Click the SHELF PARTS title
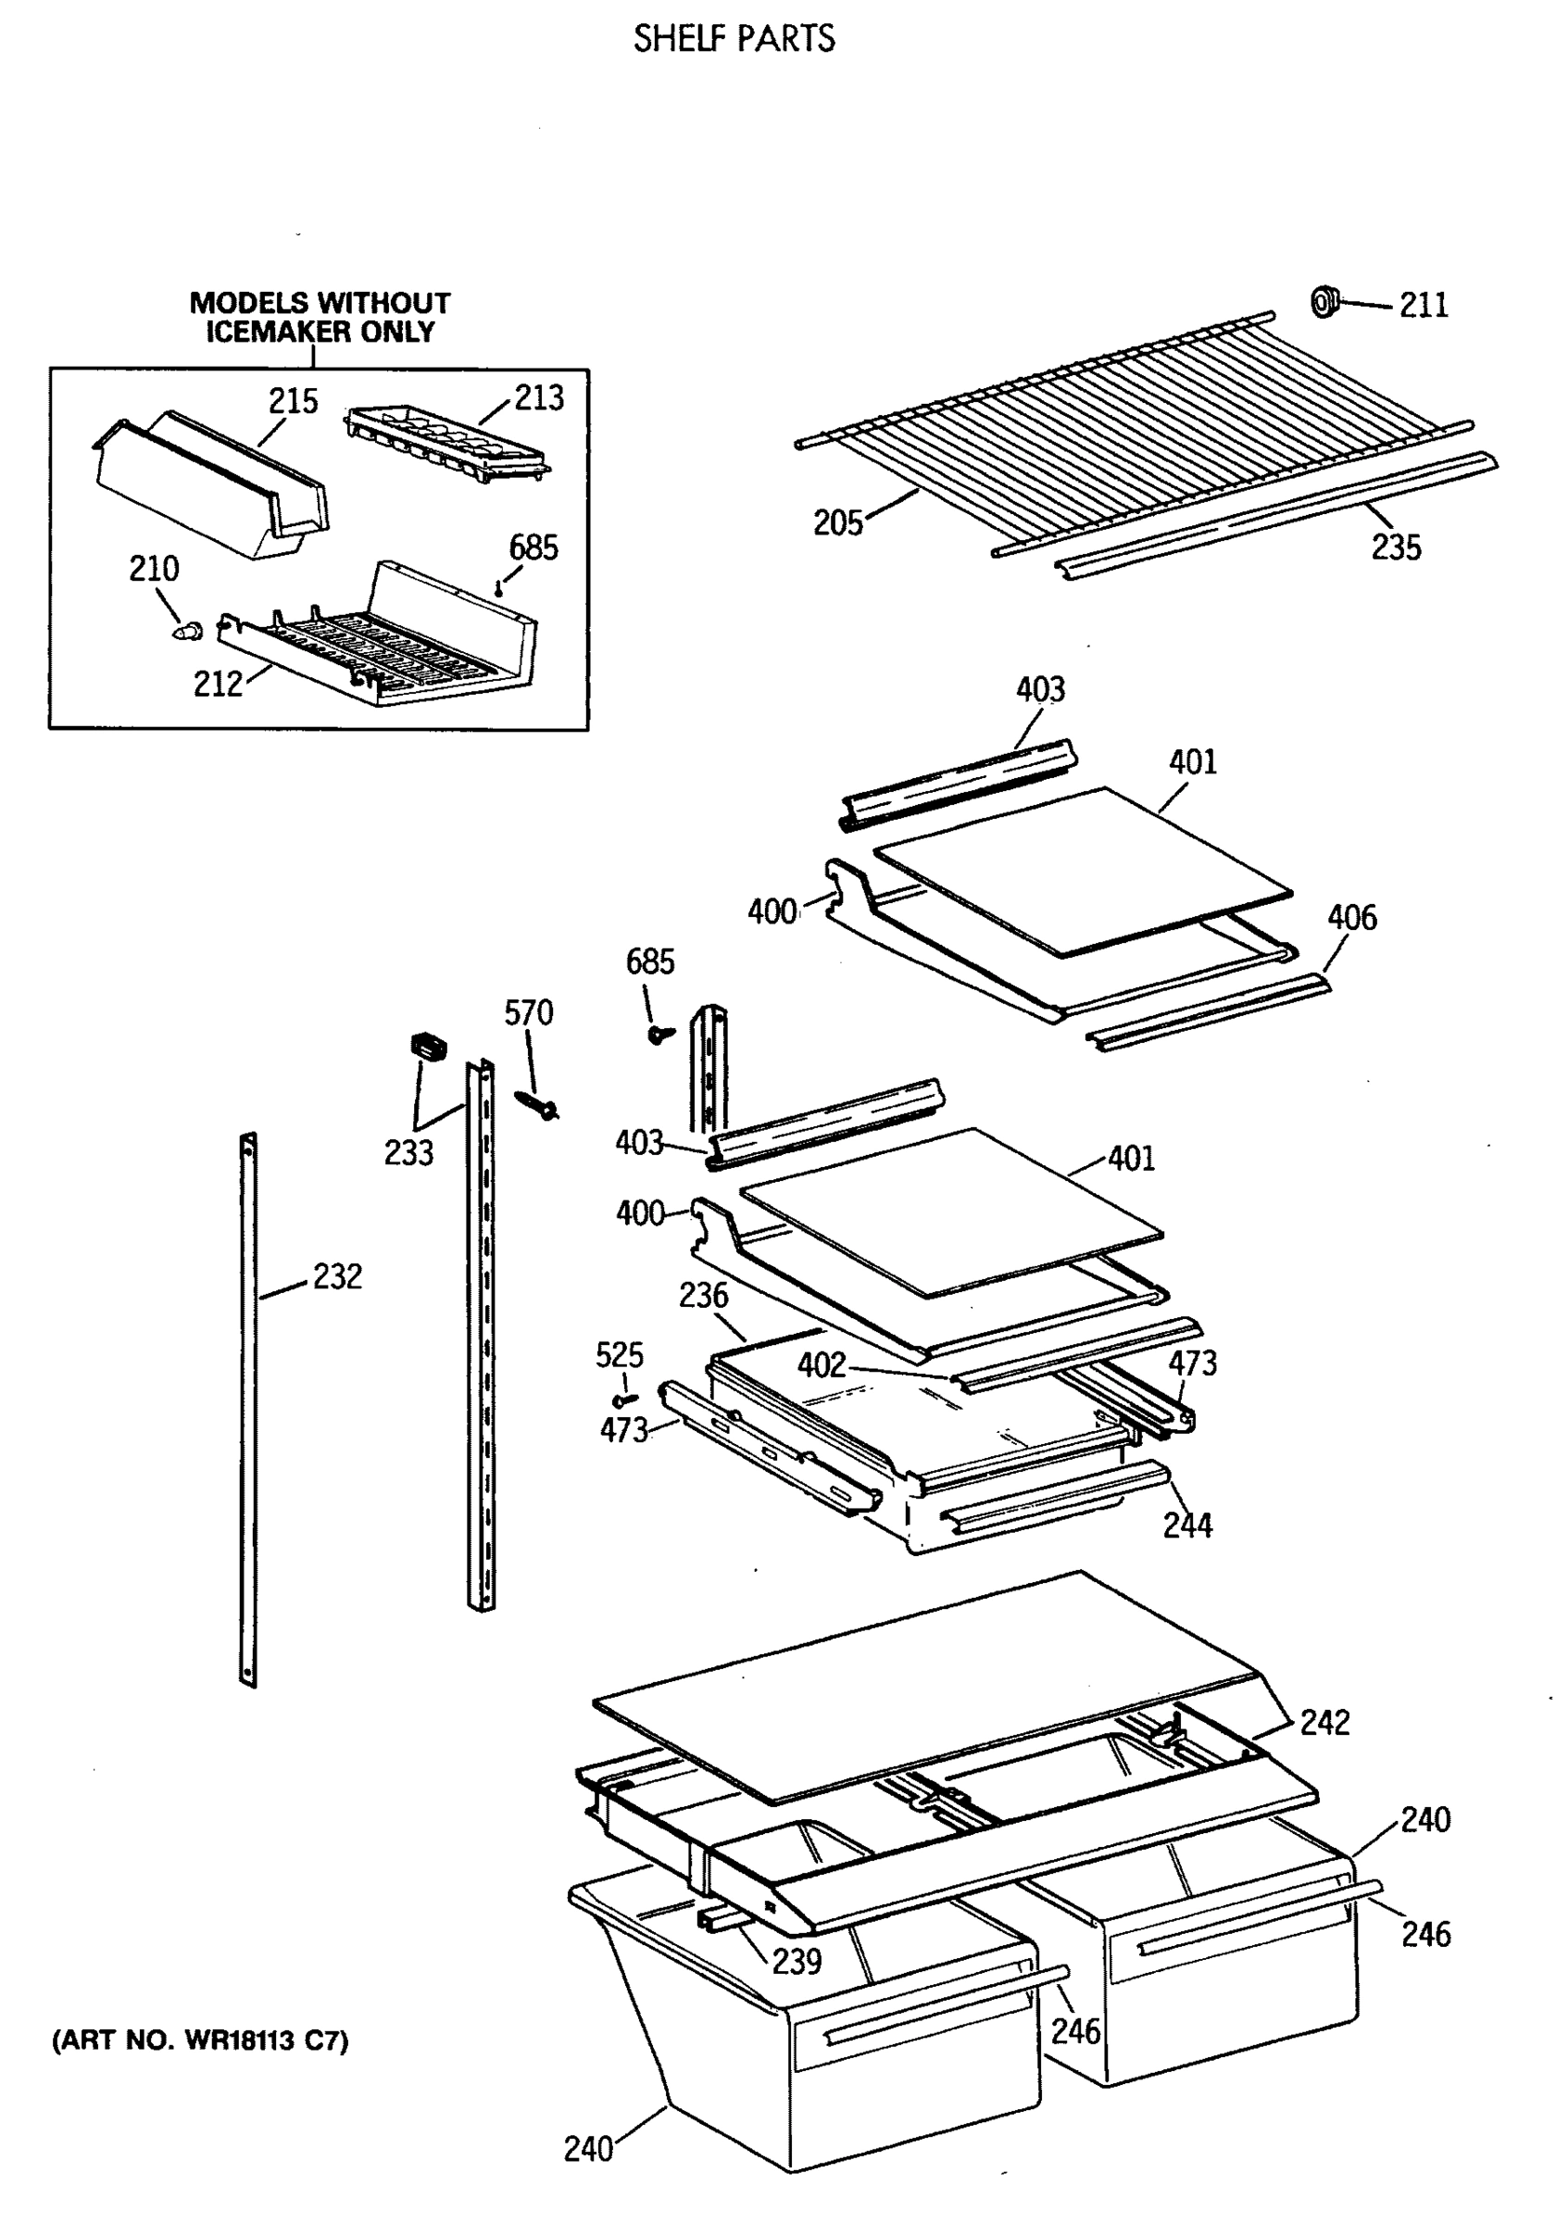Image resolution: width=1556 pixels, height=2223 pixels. click(x=733, y=39)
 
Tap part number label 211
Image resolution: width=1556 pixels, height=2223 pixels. click(x=1423, y=305)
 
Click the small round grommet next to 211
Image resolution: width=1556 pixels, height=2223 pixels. click(x=1324, y=301)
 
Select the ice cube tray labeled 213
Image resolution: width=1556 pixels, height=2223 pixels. click(x=445, y=442)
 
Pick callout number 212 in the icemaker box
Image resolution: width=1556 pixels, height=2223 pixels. click(x=218, y=684)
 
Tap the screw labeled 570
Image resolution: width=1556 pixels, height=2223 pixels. click(x=537, y=1104)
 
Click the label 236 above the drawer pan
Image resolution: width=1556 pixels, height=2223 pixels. click(x=703, y=1296)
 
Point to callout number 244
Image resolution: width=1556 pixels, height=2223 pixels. click(x=1187, y=1526)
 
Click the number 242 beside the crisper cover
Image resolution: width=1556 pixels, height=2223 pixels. click(x=1324, y=1723)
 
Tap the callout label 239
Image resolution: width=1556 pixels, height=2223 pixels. click(x=796, y=1961)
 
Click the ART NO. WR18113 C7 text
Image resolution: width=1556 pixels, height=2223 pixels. click(x=199, y=2041)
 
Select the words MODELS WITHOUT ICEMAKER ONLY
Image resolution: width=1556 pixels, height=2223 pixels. click(x=320, y=318)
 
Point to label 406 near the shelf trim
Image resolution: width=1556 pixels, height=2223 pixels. click(x=1351, y=917)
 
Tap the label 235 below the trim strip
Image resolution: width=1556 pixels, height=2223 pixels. click(x=1395, y=548)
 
